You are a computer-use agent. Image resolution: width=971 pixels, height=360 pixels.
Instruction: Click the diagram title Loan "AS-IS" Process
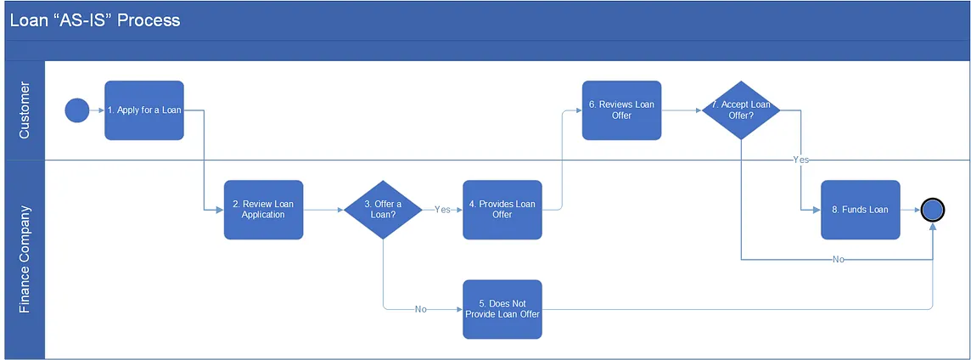coord(95,20)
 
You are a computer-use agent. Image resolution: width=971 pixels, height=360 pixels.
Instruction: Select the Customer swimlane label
coord(24,110)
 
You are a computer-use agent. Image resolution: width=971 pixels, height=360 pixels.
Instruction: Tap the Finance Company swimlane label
coord(24,259)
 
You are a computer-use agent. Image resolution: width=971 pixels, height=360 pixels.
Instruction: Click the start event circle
coord(76,110)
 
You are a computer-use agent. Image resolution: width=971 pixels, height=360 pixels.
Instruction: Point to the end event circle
coord(934,210)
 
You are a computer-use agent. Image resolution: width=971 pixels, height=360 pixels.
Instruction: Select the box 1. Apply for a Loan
coord(144,110)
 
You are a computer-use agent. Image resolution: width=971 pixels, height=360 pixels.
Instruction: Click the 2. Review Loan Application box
coord(263,210)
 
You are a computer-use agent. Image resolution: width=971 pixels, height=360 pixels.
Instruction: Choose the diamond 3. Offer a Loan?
coord(383,210)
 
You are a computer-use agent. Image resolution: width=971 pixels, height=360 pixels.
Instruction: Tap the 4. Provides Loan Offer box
coord(502,210)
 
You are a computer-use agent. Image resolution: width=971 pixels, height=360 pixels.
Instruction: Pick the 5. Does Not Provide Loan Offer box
coord(502,309)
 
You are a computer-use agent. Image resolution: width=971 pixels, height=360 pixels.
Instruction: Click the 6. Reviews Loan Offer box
coord(621,110)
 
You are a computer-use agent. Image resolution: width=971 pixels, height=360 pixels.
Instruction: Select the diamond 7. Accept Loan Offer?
coord(740,110)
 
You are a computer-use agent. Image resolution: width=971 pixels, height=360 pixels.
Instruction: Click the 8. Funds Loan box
coord(860,210)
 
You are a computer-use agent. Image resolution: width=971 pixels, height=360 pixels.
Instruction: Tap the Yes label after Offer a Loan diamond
coord(442,210)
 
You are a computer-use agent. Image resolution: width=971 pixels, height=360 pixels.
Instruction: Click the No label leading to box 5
coord(420,309)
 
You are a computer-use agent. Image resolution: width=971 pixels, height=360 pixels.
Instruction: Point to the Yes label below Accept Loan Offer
coord(800,160)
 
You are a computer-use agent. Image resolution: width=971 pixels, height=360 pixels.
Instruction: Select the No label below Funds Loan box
coord(838,259)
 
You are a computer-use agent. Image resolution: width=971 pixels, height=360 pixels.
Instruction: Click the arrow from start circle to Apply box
coord(97,110)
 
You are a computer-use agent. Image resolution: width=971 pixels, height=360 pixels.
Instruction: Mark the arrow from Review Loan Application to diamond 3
coord(323,210)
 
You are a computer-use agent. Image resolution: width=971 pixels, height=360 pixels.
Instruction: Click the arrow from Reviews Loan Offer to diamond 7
coord(681,110)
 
